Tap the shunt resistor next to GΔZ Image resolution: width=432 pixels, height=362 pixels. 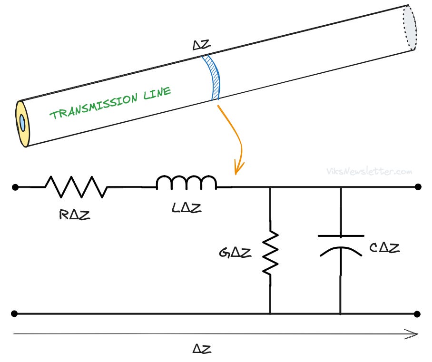tap(270, 252)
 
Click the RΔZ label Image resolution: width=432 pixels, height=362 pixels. tap(74, 215)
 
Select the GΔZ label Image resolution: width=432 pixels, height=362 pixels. tap(235, 253)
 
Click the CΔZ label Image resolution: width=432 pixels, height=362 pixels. tap(384, 248)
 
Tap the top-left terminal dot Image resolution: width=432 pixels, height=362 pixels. tap(15, 187)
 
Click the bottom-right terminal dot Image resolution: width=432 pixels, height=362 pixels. tap(417, 314)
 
